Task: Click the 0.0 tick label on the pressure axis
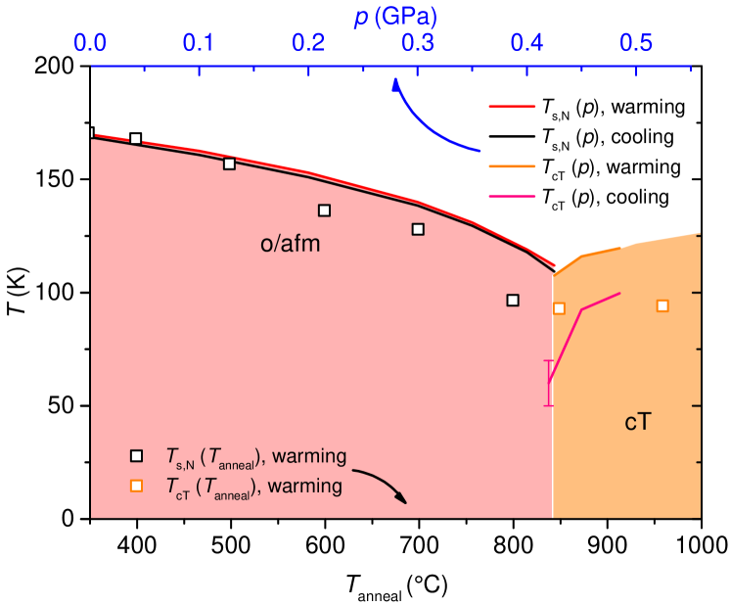[90, 44]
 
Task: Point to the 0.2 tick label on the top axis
[308, 44]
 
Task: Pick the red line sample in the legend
[512, 106]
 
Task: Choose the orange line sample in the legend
[512, 166]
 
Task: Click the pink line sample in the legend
[512, 197]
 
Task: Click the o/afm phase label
[291, 245]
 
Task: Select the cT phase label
[638, 423]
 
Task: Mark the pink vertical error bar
[549, 383]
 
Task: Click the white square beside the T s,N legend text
[137, 455]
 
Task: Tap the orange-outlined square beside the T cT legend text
[137, 486]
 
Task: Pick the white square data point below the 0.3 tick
[418, 229]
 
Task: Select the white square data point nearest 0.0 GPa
[136, 139]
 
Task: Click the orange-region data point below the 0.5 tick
[662, 306]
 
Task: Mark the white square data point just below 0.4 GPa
[513, 300]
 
